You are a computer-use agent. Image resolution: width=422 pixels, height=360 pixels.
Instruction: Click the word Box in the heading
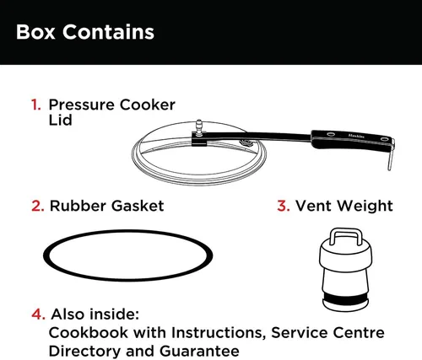point(35,32)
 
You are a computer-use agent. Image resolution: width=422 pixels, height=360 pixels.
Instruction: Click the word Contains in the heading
point(108,32)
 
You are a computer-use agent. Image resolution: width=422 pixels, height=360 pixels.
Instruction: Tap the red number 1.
point(35,105)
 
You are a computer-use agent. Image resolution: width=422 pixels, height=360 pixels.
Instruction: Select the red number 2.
point(38,206)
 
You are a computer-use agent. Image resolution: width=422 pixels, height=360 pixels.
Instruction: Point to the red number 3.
point(284,206)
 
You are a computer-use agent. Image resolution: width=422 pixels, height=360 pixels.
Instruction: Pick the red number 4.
point(38,314)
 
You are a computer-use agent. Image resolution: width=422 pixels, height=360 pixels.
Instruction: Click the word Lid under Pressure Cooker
point(60,120)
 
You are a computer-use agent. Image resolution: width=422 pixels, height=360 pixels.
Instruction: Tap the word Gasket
point(138,206)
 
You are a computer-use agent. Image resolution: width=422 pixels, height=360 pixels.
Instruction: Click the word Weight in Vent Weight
point(365,207)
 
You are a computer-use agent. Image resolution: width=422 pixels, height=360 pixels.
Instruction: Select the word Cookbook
point(89,332)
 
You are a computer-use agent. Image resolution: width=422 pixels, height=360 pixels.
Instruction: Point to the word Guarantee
point(199,351)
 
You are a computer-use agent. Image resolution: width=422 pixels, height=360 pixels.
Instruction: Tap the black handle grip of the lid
point(352,138)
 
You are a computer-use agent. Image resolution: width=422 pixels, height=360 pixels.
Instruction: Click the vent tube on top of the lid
point(199,127)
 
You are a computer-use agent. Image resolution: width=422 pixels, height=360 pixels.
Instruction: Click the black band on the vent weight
point(345,297)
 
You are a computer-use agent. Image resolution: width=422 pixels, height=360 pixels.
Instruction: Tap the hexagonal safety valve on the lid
point(246,144)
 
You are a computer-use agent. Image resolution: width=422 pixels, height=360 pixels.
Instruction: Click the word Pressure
point(82,105)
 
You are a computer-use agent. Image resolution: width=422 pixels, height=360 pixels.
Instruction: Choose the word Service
point(299,332)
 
